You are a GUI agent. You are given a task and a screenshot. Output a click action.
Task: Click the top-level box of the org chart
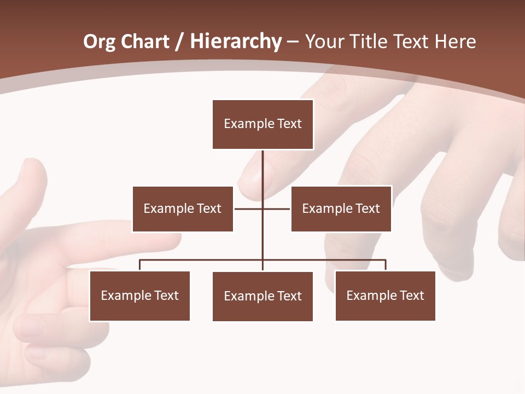coord(262,124)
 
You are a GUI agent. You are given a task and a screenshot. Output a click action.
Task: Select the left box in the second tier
coord(183,208)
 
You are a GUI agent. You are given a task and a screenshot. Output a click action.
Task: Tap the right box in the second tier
coord(341,208)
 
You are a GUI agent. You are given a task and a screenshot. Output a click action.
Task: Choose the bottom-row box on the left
coord(139,296)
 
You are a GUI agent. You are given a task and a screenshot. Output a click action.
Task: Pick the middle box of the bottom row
coord(262,296)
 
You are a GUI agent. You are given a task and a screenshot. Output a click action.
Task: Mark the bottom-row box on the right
coord(385,296)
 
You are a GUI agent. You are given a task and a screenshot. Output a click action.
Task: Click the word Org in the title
coord(98,42)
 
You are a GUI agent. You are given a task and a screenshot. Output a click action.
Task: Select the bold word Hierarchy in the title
coord(236,42)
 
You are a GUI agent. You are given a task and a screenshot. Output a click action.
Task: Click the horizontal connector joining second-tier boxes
coord(249,208)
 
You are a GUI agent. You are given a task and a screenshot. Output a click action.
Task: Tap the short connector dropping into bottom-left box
coord(139,265)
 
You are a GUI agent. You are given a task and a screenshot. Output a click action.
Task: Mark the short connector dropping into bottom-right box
coord(386,265)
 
